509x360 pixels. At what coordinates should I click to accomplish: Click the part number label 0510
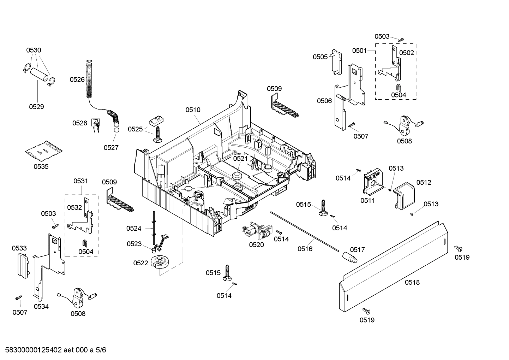pyautogui.click(x=193, y=110)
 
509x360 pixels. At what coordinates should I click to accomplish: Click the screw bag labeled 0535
pyautogui.click(x=43, y=151)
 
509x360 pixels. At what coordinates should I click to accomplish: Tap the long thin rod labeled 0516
pyautogui.click(x=304, y=230)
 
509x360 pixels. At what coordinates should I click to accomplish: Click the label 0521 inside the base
pyautogui.click(x=240, y=159)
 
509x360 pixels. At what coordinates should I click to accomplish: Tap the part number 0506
pyautogui.click(x=324, y=101)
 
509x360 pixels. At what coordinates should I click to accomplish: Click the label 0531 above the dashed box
pyautogui.click(x=80, y=181)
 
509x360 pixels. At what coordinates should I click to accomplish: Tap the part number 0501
pyautogui.click(x=359, y=51)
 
